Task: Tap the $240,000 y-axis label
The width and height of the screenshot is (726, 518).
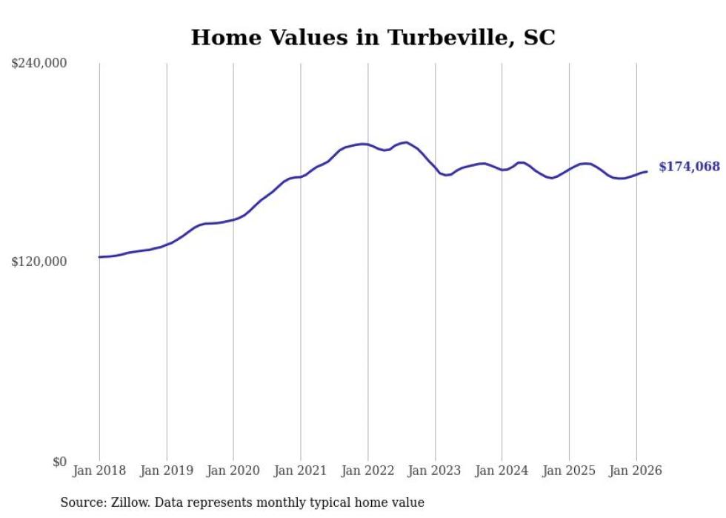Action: pos(39,64)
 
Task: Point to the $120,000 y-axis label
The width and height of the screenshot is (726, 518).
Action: pos(39,262)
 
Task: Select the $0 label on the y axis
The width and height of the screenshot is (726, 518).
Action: pos(59,462)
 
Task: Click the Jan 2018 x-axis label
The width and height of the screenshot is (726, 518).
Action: pos(99,471)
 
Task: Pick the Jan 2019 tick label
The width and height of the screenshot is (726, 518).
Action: pos(167,471)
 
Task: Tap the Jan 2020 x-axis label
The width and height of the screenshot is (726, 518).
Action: pos(233,471)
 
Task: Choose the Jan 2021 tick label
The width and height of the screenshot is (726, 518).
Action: pos(301,471)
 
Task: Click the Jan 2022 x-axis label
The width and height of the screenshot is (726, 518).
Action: pos(367,471)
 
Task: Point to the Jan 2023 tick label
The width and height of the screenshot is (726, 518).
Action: pos(435,471)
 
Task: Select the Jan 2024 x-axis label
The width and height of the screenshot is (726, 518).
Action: pos(502,471)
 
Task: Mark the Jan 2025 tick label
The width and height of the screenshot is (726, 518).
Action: pos(569,471)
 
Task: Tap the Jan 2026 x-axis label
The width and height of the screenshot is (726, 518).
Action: pos(636,471)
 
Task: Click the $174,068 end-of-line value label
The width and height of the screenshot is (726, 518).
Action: pos(689,167)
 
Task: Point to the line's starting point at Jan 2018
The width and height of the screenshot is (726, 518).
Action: pos(99,257)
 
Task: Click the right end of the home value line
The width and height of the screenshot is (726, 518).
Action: pos(647,172)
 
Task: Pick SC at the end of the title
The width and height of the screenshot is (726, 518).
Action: pos(539,38)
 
